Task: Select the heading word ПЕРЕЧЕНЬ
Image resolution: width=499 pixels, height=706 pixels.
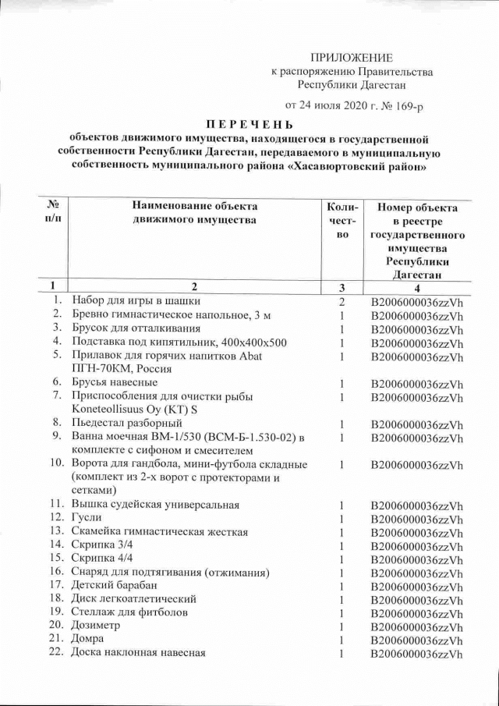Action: point(249,124)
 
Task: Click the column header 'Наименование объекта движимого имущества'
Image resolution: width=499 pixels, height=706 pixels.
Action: point(194,213)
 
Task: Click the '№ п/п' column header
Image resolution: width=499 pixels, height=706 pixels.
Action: point(55,213)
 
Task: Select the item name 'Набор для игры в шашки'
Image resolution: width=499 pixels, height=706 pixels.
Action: point(136,300)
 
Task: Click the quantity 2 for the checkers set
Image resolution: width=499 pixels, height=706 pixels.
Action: point(342,301)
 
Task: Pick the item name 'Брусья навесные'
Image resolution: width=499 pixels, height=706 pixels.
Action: point(115,382)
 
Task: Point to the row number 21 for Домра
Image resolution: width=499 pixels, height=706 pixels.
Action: point(55,640)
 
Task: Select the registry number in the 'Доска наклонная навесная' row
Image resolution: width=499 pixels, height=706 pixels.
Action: point(416,654)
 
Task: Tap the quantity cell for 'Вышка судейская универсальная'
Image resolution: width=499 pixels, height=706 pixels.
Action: point(342,505)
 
